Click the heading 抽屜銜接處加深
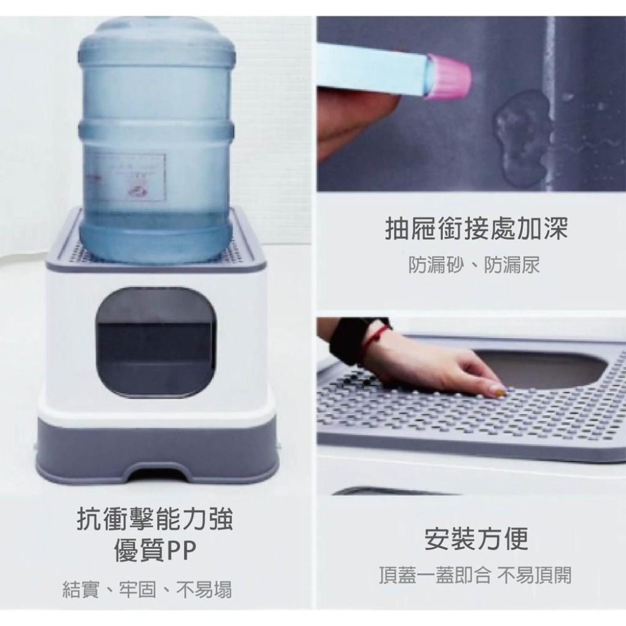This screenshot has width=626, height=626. tap(475, 229)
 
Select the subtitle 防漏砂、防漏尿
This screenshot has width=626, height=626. tap(474, 265)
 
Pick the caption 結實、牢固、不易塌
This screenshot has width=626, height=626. tap(148, 589)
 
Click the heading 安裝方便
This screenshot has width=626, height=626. tap(476, 538)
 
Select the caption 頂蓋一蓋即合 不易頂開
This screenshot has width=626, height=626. tap(475, 575)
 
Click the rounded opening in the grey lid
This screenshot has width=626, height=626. tap(551, 369)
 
